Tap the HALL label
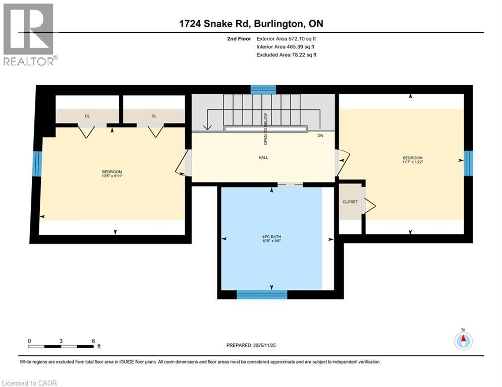(x=263, y=157)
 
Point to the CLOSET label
(x=350, y=202)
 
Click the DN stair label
(x=320, y=136)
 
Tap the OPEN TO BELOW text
(x=265, y=126)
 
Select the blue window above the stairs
(x=263, y=90)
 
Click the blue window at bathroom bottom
(x=262, y=295)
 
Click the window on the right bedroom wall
(x=468, y=163)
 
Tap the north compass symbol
(x=463, y=340)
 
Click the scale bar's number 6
(x=93, y=341)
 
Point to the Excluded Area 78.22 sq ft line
(x=287, y=54)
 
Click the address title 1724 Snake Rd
(x=250, y=24)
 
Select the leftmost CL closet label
(x=87, y=116)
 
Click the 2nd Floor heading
(x=238, y=38)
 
